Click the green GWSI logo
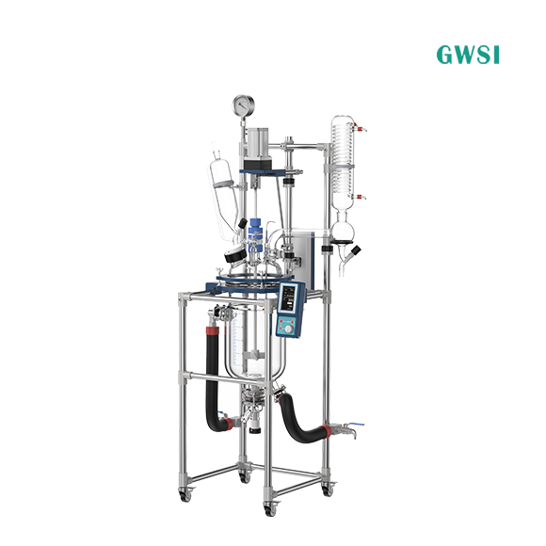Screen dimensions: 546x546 468,55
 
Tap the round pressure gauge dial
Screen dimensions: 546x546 244,105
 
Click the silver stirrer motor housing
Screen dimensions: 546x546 258,142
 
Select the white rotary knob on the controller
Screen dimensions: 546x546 288,329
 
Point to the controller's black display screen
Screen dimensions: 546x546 289,299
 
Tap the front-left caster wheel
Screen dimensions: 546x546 185,495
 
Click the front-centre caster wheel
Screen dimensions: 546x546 270,509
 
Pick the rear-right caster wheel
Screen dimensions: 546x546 328,490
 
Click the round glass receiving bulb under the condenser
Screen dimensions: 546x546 343,232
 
